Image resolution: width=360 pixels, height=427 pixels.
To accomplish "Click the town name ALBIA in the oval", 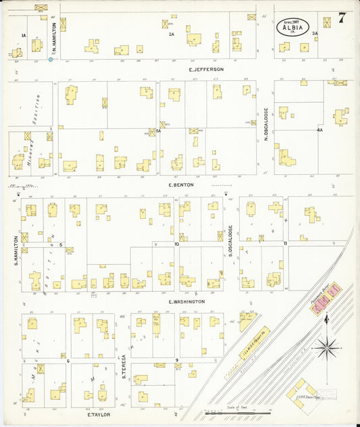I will [292, 28].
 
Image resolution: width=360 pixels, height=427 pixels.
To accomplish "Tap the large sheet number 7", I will [343, 17].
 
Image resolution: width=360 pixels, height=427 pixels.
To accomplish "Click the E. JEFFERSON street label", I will [206, 69].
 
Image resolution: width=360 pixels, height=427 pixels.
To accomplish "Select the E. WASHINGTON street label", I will [186, 301].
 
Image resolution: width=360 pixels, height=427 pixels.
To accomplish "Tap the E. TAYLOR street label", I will [98, 415].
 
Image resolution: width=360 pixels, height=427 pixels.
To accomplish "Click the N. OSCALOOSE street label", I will [267, 126].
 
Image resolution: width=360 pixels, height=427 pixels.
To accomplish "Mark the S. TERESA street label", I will [124, 367].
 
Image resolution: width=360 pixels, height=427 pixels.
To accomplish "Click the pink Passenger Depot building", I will [326, 299].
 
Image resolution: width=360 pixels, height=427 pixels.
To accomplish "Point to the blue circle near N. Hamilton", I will [51, 59].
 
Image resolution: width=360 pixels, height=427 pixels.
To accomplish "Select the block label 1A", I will [24, 35].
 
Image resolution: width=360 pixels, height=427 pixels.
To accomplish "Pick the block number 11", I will [286, 243].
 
